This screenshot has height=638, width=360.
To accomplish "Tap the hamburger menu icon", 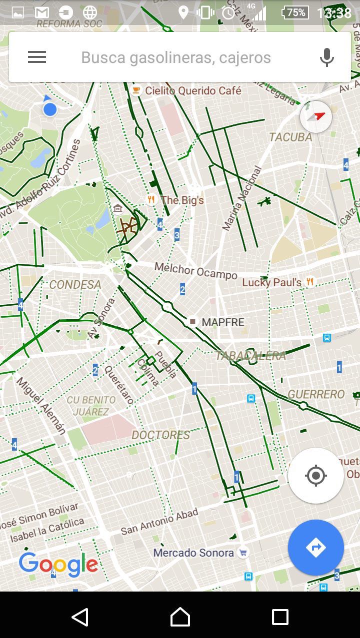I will (x=37, y=57).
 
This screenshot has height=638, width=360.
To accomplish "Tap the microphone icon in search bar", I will (x=326, y=57).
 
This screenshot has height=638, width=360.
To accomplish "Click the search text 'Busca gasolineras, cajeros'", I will (x=176, y=57).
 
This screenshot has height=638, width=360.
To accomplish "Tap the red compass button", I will (x=316, y=116).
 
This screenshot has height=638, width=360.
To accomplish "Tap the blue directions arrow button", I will (x=315, y=548).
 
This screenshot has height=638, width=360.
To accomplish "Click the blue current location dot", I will (x=49, y=109).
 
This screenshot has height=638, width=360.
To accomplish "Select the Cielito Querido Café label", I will (x=192, y=90).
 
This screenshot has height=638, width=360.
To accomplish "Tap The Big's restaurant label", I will (x=182, y=200).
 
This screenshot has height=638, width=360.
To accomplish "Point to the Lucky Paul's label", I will (x=271, y=282).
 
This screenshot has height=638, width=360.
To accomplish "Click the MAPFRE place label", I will (x=222, y=322).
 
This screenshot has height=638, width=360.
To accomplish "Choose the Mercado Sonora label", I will (x=193, y=553).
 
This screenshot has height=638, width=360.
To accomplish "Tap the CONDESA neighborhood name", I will (x=75, y=285).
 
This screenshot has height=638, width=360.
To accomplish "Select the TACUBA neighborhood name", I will (x=290, y=137).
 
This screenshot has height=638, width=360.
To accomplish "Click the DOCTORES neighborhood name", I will (x=160, y=435).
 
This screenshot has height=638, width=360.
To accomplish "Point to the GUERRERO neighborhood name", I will (x=316, y=394).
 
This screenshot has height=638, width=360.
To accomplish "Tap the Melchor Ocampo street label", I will (x=195, y=271).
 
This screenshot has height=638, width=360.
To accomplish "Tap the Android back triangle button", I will (x=80, y=617).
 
